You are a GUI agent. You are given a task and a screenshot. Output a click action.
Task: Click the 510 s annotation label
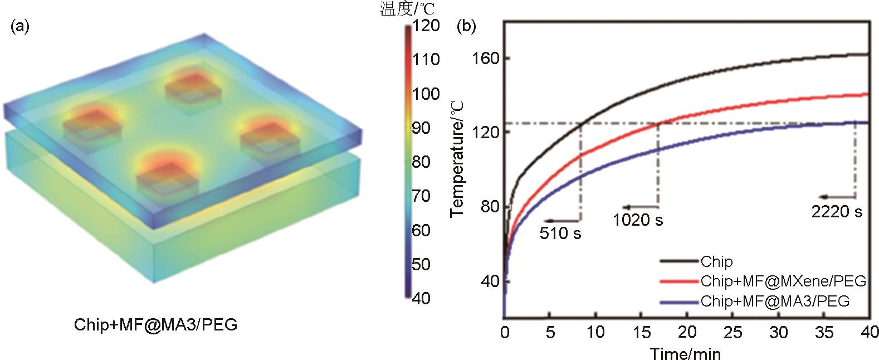pos(560,233)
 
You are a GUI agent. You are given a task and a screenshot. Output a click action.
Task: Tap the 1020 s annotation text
pos(638,220)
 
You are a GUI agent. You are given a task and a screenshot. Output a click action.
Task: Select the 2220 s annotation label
pos(837,211)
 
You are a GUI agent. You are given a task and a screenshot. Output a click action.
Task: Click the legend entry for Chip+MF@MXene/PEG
pos(783,281)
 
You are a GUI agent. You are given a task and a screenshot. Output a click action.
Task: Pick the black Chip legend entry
pos(716,261)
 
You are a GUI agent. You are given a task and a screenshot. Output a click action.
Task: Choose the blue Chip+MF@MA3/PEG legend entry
pos(775,301)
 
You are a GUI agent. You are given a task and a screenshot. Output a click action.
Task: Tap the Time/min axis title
pos(685,353)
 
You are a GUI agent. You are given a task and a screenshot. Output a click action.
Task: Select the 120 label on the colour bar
pos(426,26)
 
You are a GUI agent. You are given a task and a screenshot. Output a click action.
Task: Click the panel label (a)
pos(20,26)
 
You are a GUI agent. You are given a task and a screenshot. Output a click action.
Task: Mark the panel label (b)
pos(466,26)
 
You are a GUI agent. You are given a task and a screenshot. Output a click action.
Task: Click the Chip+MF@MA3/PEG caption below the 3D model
pos(156,325)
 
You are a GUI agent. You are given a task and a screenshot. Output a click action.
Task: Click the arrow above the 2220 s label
pos(837,197)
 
